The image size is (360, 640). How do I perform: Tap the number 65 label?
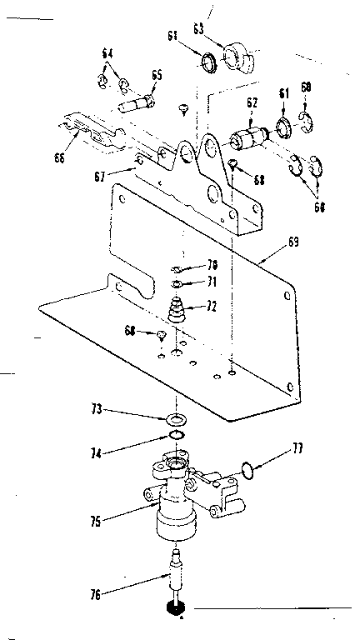coord(157,75)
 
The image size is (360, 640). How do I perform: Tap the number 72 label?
coord(211,307)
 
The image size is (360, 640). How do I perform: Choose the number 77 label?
coord(297,449)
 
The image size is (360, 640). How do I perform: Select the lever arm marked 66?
coord(92,133)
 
